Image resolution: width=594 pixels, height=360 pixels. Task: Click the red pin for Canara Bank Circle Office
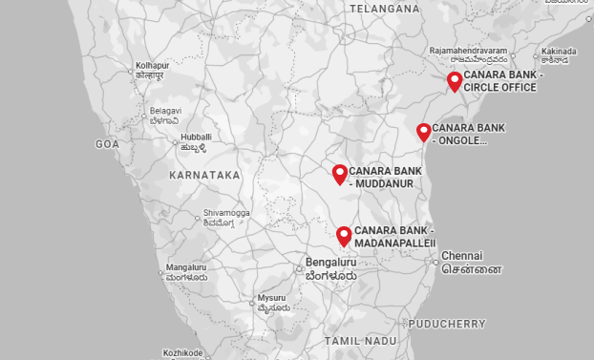(x=455, y=80)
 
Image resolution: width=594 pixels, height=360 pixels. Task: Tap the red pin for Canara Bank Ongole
(x=424, y=132)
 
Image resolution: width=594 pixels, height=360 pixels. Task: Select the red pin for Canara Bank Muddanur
(x=340, y=173)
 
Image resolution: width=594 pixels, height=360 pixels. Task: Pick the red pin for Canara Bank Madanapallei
(x=345, y=235)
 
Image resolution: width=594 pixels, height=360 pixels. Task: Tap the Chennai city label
(x=462, y=256)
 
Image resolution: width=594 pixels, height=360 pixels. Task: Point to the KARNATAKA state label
(x=204, y=176)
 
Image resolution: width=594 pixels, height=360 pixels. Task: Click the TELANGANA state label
(x=385, y=9)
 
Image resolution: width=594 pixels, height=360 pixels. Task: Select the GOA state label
(x=107, y=144)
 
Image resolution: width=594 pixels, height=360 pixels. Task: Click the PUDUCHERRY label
(x=448, y=324)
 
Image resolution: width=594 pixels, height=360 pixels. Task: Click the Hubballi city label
(x=196, y=138)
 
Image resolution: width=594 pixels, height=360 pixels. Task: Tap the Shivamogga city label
(x=226, y=213)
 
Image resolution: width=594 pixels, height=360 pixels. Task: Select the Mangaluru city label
(x=186, y=267)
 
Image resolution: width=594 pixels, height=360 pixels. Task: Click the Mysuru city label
(x=271, y=297)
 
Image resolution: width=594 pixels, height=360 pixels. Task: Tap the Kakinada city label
(x=560, y=51)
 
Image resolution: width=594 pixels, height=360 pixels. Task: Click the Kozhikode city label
(x=184, y=353)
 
